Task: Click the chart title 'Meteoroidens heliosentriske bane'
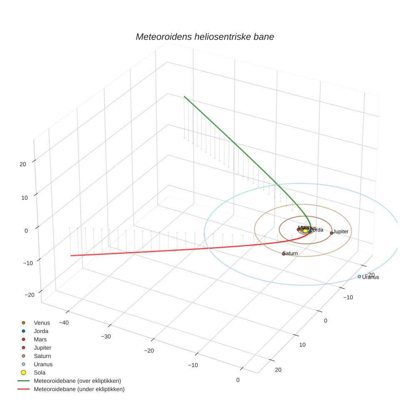[205, 37]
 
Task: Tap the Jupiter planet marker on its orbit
[331, 233]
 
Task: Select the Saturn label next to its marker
[290, 253]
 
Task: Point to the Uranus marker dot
[359, 276]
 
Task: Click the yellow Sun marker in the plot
[305, 230]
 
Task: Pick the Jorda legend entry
[41, 331]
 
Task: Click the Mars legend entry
[40, 340]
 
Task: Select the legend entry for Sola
[40, 372]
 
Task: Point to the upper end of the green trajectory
[185, 97]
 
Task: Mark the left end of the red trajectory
[71, 255]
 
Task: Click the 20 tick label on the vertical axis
[22, 164]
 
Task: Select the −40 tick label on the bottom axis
[64, 322]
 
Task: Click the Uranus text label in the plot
[370, 277]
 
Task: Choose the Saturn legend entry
[42, 356]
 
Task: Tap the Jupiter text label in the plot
[340, 232]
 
